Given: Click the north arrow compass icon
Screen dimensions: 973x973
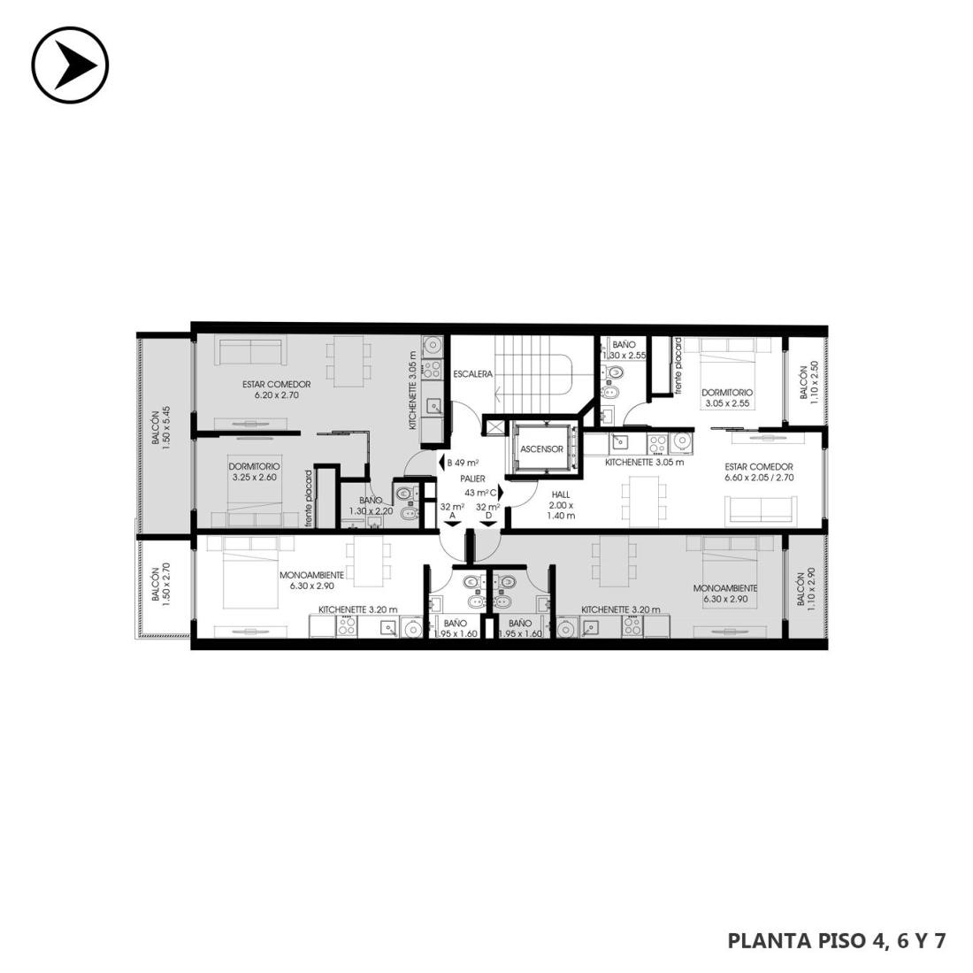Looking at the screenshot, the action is pos(70,65).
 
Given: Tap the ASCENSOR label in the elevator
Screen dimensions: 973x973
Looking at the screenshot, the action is pos(541,449).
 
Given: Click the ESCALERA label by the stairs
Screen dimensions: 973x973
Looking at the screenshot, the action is pos(473,374).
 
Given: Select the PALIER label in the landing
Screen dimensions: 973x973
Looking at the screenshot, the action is pos(473,479).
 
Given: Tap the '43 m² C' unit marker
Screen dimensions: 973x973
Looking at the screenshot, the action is pos(485,493).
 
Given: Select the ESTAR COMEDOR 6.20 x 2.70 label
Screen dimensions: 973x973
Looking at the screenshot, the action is pos(276,390).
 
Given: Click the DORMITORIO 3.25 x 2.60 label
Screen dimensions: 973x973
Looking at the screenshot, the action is pos(255,471).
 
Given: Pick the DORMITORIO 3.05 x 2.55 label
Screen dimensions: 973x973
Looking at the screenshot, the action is pos(727,398).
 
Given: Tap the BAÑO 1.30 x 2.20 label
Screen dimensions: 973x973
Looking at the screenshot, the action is pos(372,505).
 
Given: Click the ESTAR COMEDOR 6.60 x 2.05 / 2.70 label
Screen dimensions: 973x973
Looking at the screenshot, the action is pos(759,472).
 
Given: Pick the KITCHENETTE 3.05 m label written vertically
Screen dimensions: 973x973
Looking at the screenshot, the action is pos(412,390).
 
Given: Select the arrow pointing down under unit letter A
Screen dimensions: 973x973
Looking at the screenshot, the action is pos(452,525).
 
